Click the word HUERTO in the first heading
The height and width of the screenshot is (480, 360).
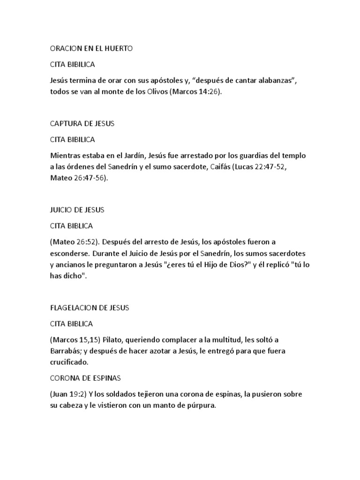[118, 48]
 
